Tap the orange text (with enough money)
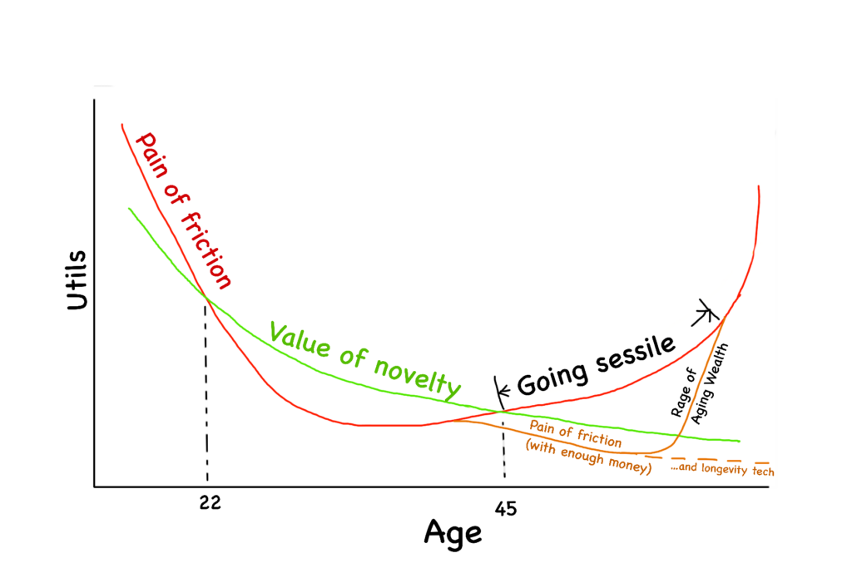[x=588, y=456]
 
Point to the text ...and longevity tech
[x=722, y=472]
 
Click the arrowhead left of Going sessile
[x=501, y=389]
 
